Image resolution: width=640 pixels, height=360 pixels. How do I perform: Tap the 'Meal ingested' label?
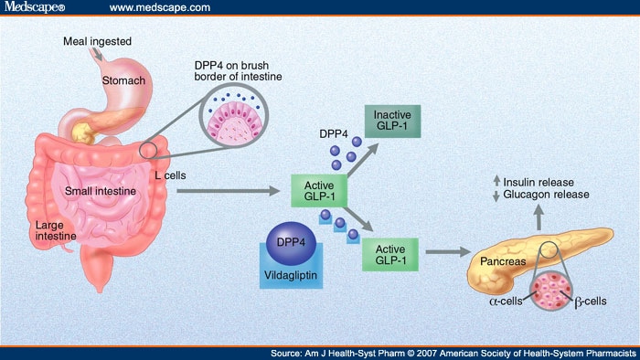(x=98, y=41)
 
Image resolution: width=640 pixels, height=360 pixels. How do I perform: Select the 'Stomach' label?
(x=121, y=80)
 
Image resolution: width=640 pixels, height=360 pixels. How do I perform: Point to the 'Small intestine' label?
(x=101, y=191)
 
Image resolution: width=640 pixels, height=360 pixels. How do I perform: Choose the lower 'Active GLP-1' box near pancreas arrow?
(x=390, y=255)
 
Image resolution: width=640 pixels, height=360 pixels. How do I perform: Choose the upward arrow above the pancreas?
(x=539, y=217)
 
